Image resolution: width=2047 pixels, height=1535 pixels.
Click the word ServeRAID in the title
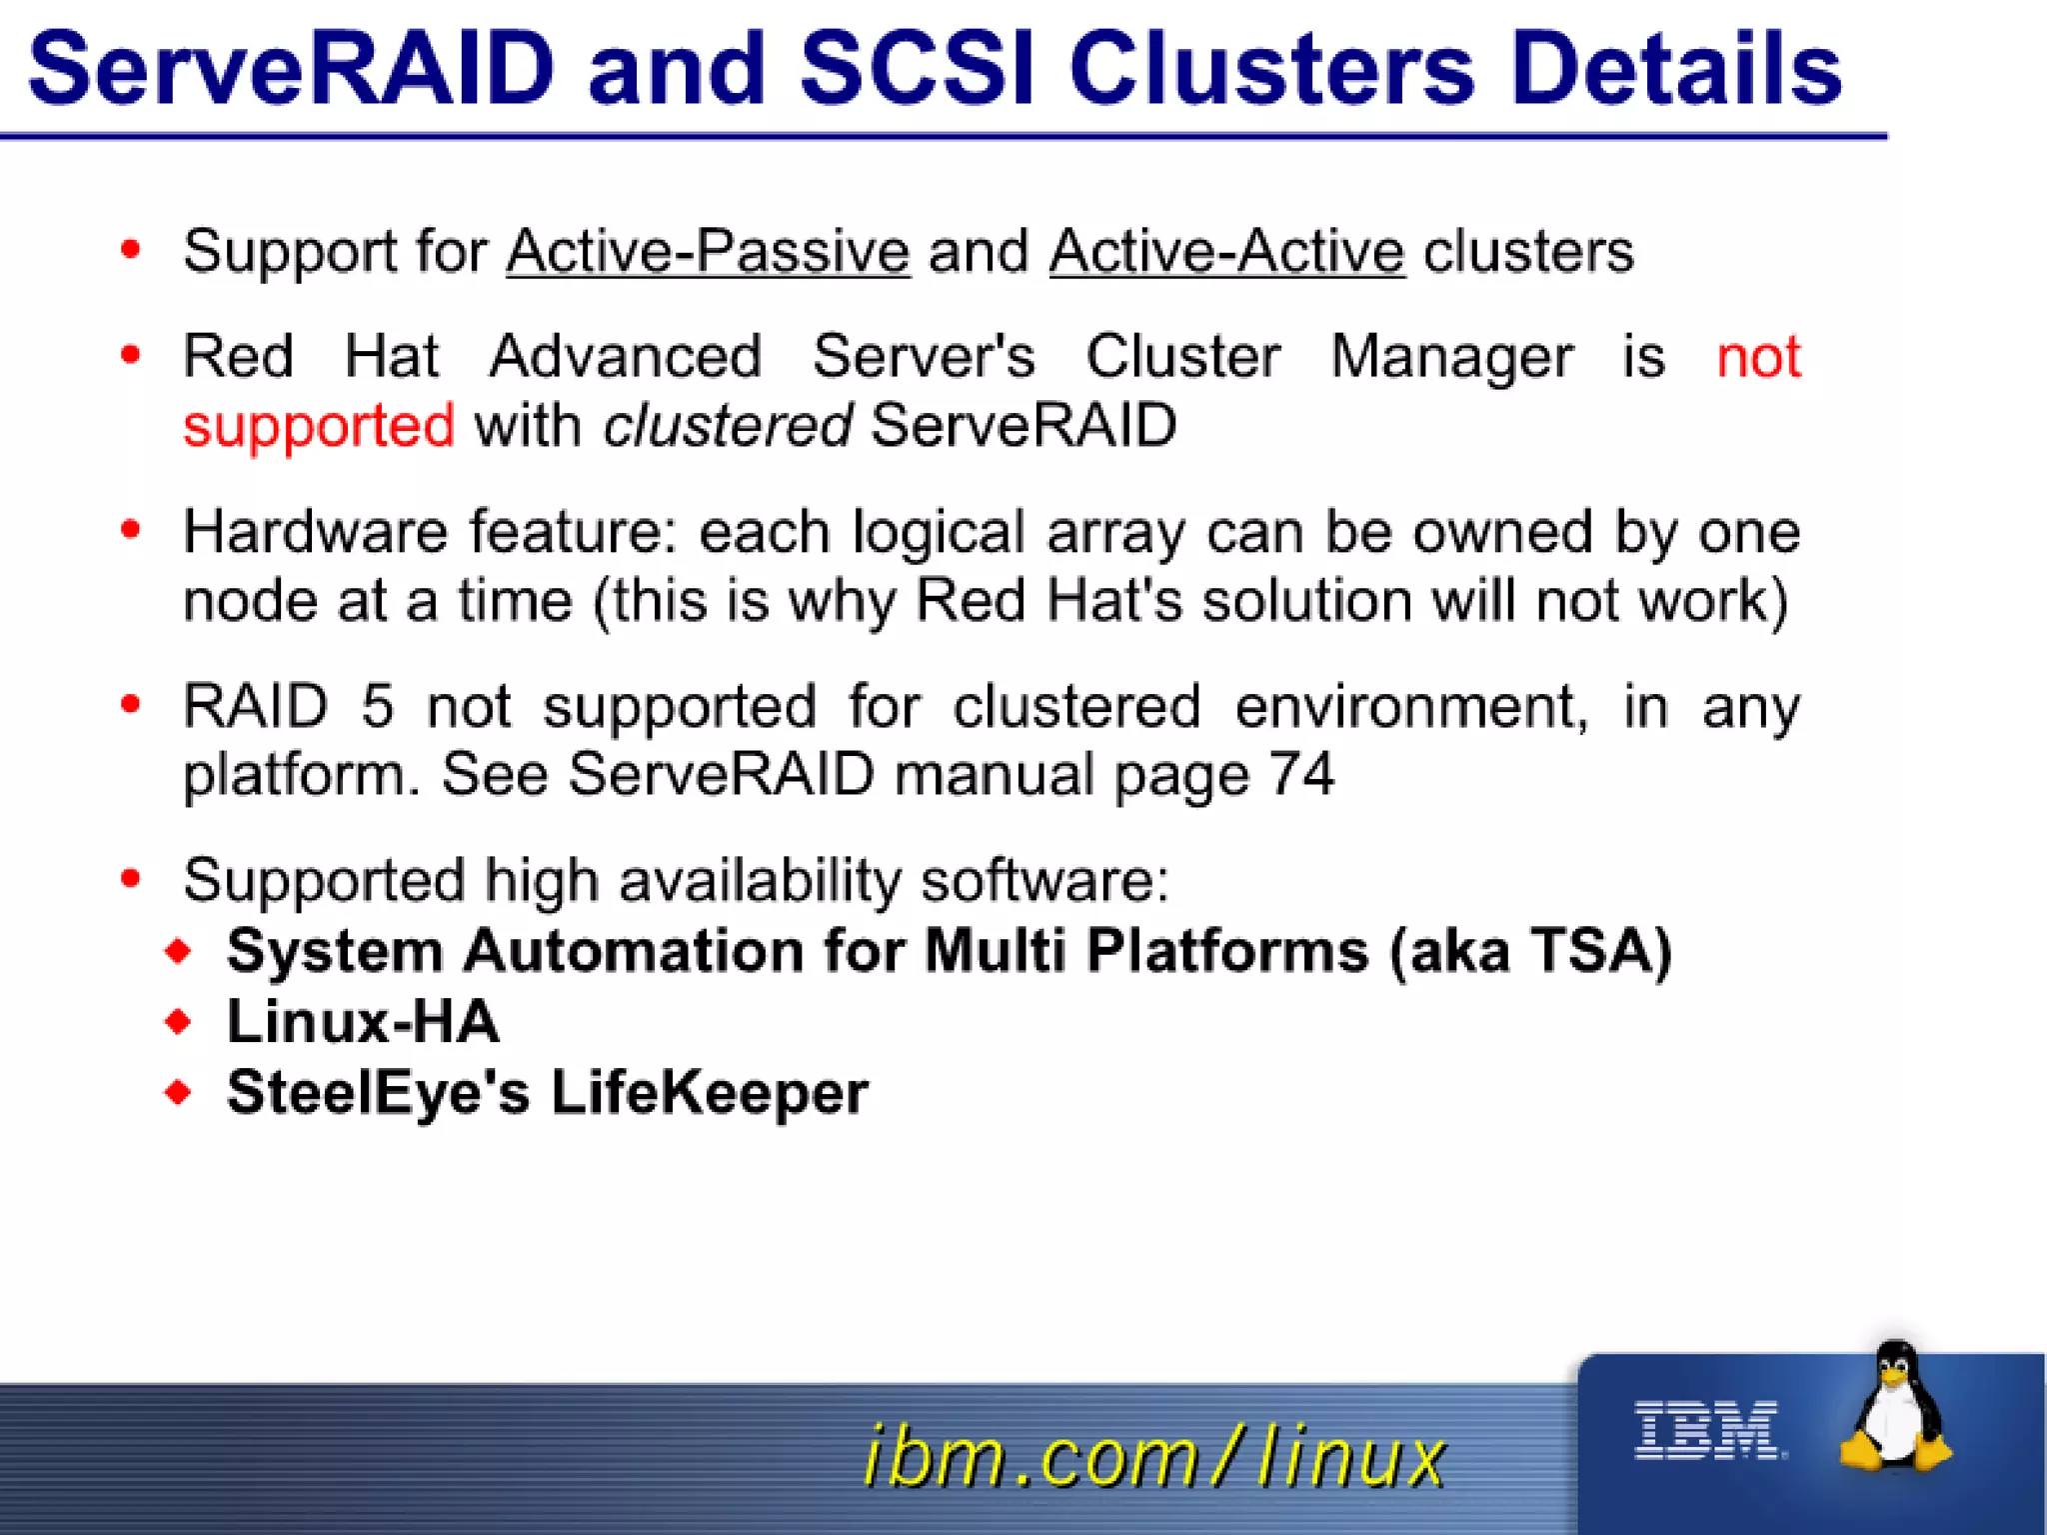[290, 68]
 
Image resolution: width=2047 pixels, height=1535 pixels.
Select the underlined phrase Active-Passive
[708, 251]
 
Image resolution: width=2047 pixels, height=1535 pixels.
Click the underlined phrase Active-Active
[1226, 251]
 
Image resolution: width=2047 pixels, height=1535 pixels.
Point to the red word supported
[318, 426]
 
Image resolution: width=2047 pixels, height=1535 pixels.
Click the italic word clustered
[727, 426]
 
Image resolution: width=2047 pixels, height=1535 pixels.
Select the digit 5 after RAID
[377, 706]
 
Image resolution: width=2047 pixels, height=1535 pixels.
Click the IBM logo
[1707, 1430]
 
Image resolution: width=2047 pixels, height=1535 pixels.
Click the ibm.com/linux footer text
[1154, 1457]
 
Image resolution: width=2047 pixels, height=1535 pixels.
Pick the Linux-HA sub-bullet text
[362, 1022]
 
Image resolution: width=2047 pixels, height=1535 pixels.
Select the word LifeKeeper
[709, 1092]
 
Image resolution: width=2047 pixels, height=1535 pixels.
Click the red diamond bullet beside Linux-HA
[179, 1022]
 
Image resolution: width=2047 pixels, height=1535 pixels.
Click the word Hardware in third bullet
[314, 531]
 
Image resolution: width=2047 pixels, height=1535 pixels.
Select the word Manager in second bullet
[1451, 357]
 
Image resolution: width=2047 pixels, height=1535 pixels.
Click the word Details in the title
[1675, 68]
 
